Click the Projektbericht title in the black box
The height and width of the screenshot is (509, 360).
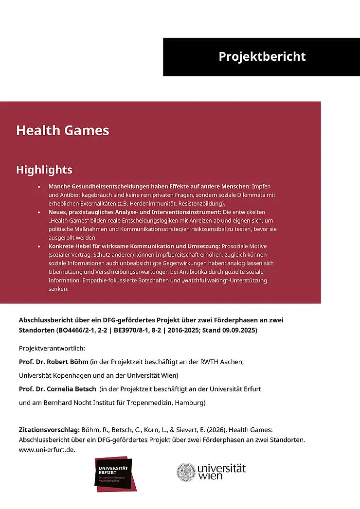pyautogui.click(x=262, y=56)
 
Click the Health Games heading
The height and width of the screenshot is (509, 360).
pyautogui.click(x=62, y=130)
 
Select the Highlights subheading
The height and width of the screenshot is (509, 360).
pyautogui.click(x=44, y=170)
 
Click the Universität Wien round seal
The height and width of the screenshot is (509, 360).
pyautogui.click(x=185, y=472)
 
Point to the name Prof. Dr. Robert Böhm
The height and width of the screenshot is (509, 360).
pyautogui.click(x=54, y=362)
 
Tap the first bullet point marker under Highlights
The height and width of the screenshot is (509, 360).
pyautogui.click(x=39, y=187)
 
